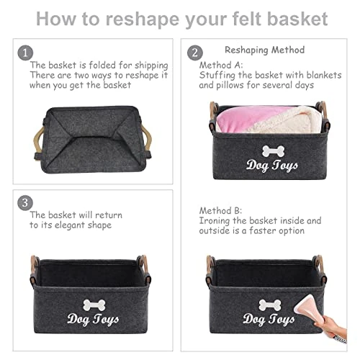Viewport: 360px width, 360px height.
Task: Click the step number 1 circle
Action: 26,53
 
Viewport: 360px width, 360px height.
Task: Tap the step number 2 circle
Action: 194,53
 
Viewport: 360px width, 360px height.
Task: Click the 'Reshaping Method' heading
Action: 265,50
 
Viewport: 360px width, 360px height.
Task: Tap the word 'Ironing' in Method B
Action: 218,220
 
